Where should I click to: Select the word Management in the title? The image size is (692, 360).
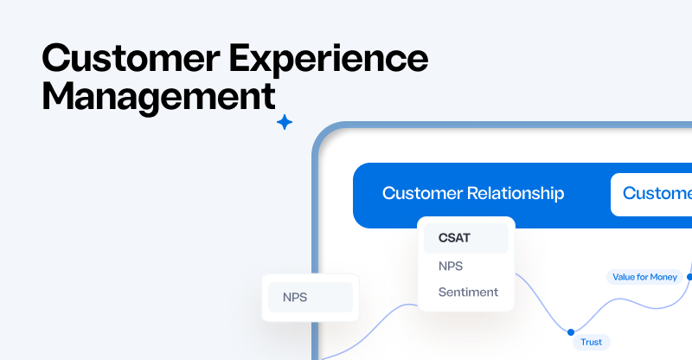point(158,95)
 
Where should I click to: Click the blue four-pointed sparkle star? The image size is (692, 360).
point(285,123)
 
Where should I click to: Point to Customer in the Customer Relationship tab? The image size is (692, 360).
point(420,193)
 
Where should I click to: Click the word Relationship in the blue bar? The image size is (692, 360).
point(514,193)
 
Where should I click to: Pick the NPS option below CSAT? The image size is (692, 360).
point(452,265)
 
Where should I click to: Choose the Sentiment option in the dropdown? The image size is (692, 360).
point(468,292)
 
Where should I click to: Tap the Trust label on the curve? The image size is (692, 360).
point(592,342)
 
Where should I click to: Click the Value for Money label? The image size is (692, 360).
point(644,277)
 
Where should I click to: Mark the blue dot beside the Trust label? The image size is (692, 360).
point(570,331)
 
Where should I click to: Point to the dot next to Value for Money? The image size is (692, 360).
point(689,277)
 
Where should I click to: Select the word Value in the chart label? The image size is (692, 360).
point(624,277)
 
